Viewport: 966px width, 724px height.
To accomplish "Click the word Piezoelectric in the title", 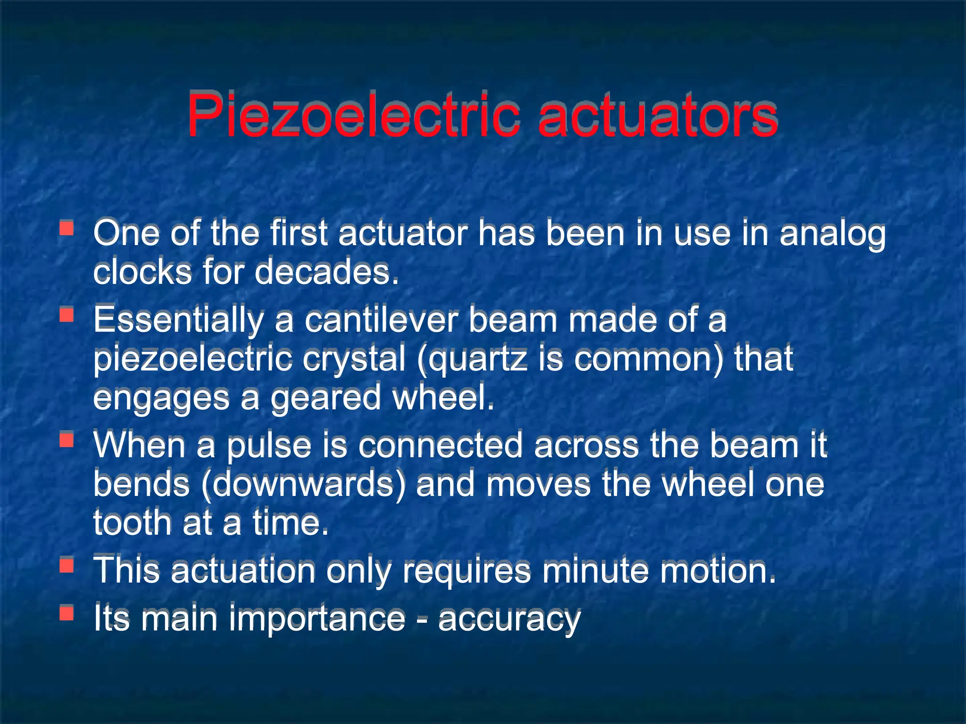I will pyautogui.click(x=353, y=115).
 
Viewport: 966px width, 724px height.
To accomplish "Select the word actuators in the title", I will pyautogui.click(x=658, y=115).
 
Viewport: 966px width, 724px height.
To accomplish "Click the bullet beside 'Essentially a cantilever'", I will pyautogui.click(x=67, y=314).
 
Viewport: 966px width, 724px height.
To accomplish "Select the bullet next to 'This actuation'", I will pyautogui.click(x=67, y=565).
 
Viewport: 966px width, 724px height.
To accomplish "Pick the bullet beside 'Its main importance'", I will pyautogui.click(x=67, y=613).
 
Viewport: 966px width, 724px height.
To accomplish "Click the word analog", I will pyautogui.click(x=832, y=234).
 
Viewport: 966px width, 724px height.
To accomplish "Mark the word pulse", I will pyautogui.click(x=269, y=446).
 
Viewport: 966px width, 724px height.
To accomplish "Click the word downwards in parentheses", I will pyautogui.click(x=304, y=485).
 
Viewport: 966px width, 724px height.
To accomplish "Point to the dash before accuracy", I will pyautogui.click(x=421, y=618).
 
